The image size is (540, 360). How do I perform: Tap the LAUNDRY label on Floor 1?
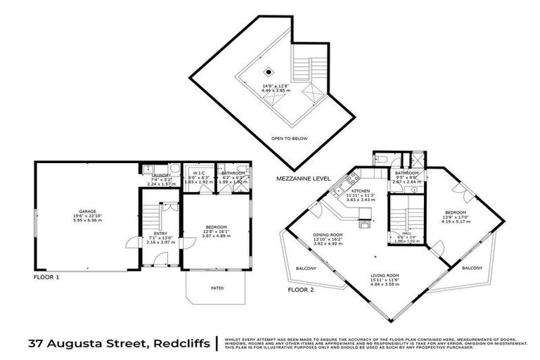click(160, 176)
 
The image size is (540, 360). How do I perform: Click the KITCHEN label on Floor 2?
click(361, 191)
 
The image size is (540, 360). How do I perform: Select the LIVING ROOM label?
click(385, 276)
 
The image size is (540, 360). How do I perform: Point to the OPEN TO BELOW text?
click(290, 139)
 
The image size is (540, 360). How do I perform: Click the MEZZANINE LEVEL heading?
click(303, 180)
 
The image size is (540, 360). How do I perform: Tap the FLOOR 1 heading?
click(48, 278)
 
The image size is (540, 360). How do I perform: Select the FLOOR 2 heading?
click(302, 289)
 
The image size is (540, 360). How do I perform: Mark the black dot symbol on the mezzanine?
click(269, 72)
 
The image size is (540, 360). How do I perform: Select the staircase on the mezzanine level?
click(301, 70)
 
